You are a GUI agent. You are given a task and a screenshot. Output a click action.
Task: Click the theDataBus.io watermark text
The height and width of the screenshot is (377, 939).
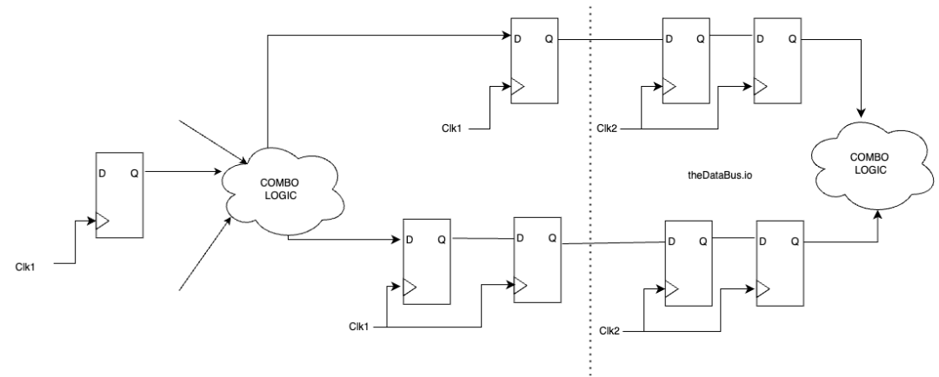721,176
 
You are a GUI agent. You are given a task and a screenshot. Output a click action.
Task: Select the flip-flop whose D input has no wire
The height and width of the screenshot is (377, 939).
119,195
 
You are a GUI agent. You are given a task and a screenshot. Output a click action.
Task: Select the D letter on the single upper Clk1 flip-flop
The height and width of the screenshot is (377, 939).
519,39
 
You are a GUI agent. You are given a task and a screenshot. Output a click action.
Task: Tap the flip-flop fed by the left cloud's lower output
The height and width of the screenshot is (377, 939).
427,261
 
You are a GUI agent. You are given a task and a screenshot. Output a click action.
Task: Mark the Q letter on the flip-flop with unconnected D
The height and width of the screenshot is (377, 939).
134,173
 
